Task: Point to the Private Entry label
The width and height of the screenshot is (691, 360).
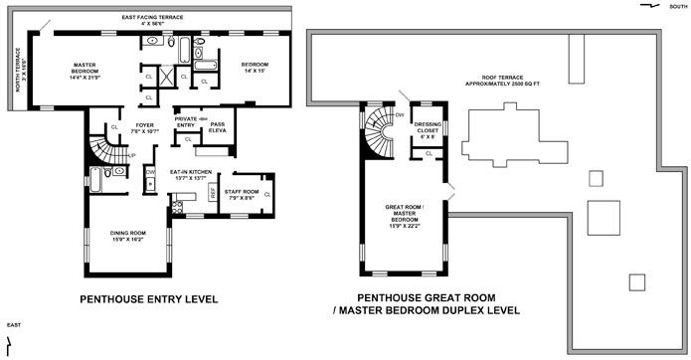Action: pos(187,122)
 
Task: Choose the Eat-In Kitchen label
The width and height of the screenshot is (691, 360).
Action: pos(190,175)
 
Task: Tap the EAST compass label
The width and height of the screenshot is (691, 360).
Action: pos(13,325)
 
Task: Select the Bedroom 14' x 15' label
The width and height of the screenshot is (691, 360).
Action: pos(255,68)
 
